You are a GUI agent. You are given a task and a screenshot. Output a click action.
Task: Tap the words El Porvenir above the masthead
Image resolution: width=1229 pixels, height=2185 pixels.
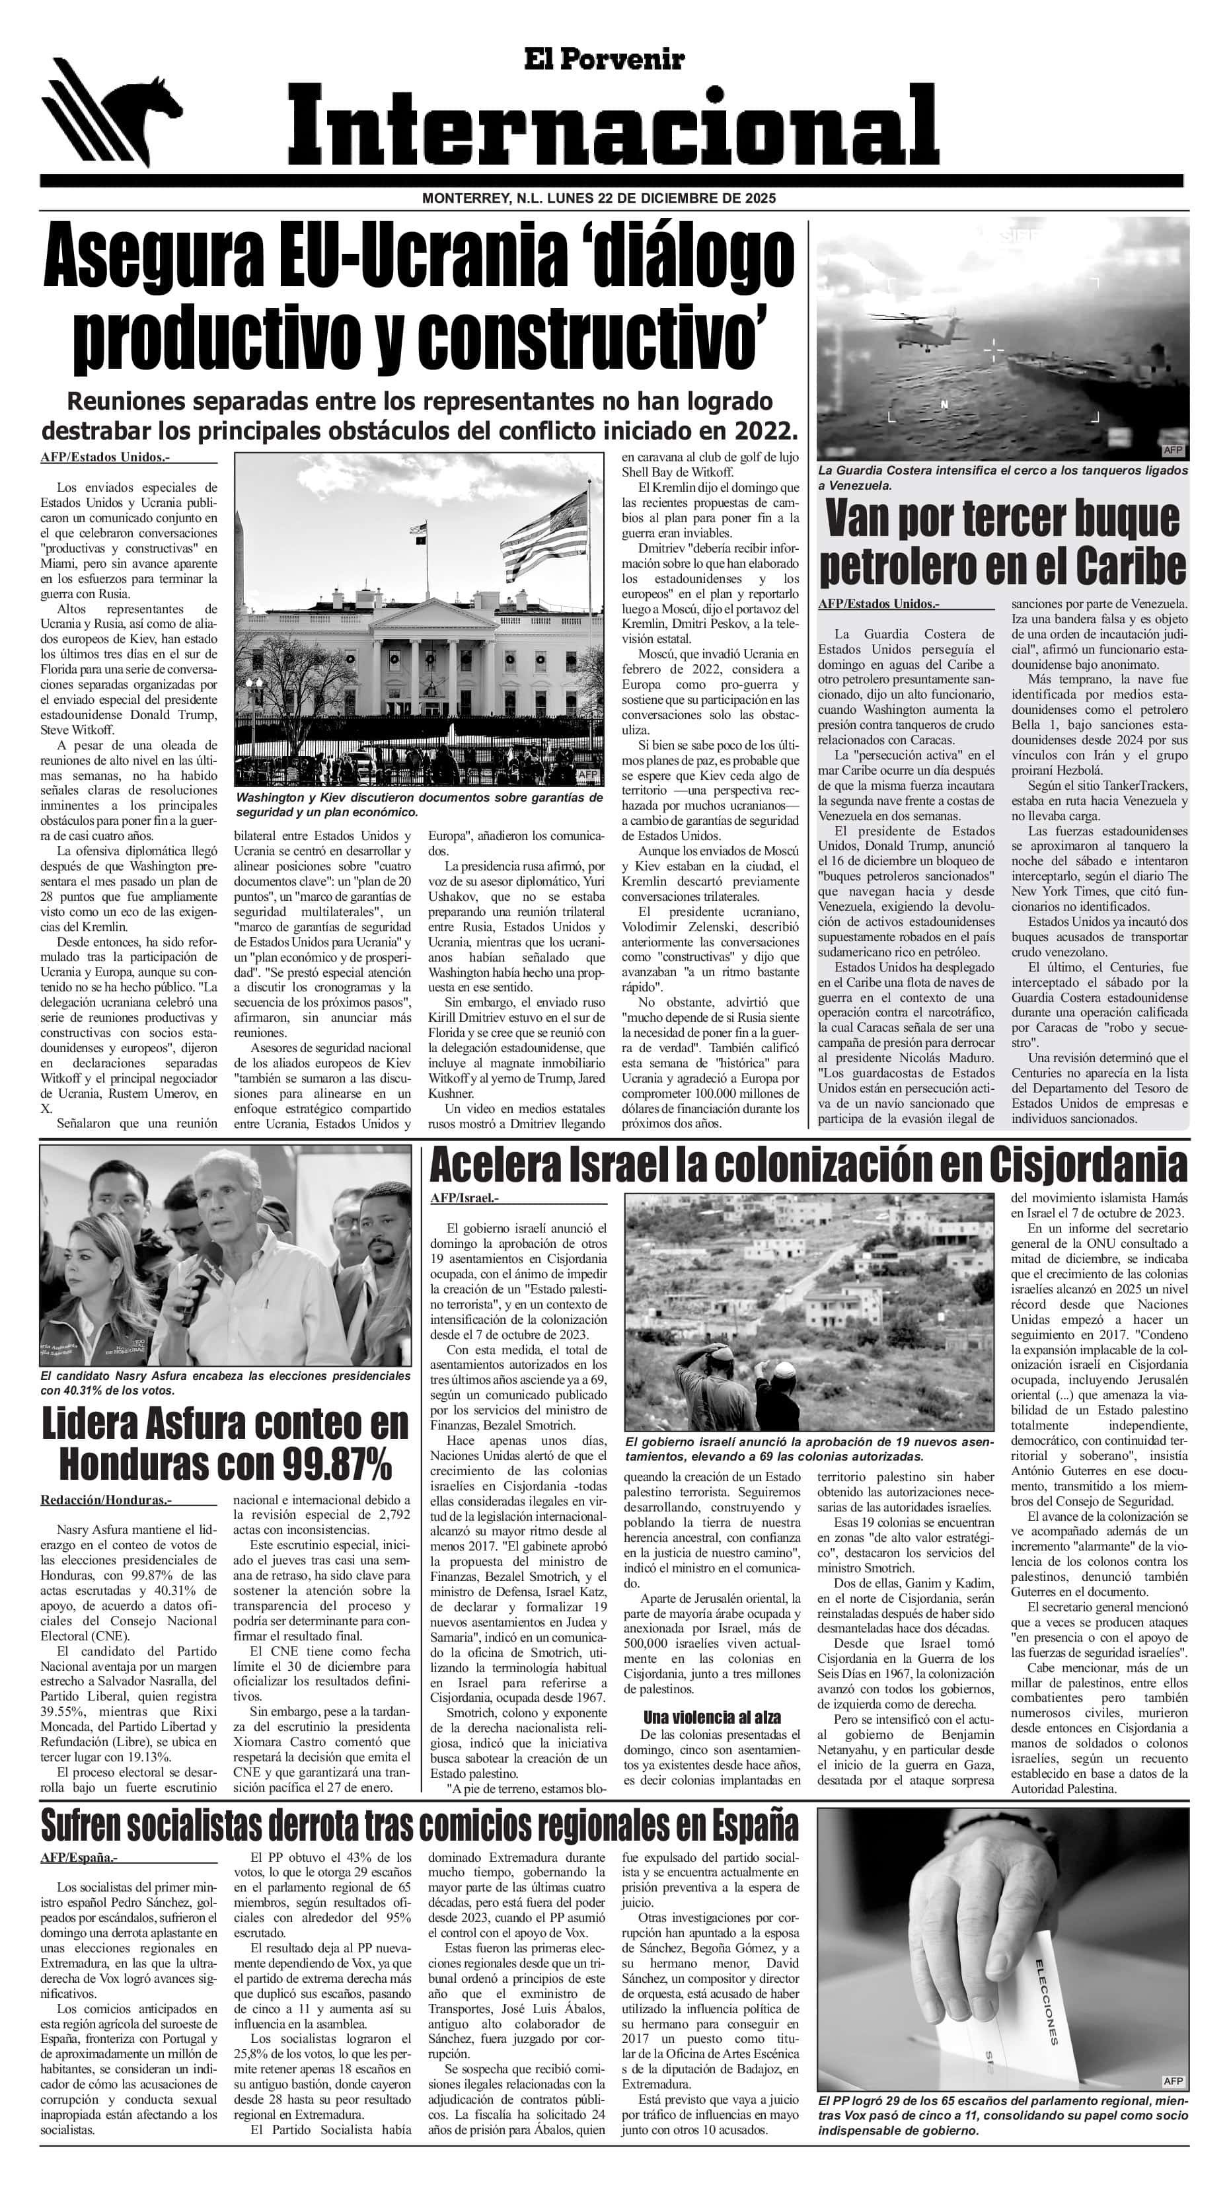603,59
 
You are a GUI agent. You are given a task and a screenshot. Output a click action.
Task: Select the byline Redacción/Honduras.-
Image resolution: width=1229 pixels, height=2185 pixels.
106,1500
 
